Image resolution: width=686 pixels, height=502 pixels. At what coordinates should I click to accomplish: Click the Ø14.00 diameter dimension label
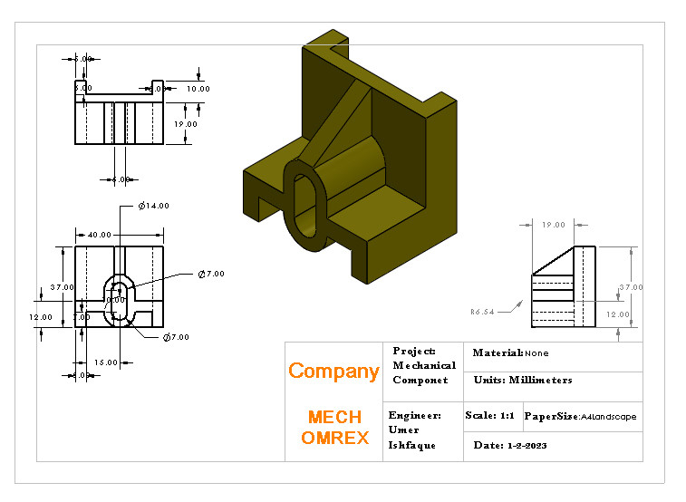154,207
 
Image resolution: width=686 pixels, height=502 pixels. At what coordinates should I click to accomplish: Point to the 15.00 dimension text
106,362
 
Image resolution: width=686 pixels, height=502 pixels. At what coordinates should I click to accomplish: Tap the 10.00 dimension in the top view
198,89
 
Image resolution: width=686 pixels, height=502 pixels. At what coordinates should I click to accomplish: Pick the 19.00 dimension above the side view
553,225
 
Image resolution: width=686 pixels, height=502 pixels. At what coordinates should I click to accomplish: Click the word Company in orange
333,371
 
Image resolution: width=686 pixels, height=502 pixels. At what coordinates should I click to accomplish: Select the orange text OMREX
334,438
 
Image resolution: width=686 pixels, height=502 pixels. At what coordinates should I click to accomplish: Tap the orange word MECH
334,417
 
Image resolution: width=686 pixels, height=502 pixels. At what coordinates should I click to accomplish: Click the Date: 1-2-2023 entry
510,446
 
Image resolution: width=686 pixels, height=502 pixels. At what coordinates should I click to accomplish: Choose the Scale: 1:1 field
489,416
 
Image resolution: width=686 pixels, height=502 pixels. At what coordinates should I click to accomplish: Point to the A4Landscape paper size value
608,417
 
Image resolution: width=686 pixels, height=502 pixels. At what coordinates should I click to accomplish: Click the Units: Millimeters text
522,380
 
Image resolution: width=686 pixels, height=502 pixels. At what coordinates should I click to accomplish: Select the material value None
536,352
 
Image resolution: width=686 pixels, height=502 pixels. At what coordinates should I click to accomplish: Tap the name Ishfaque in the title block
412,445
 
